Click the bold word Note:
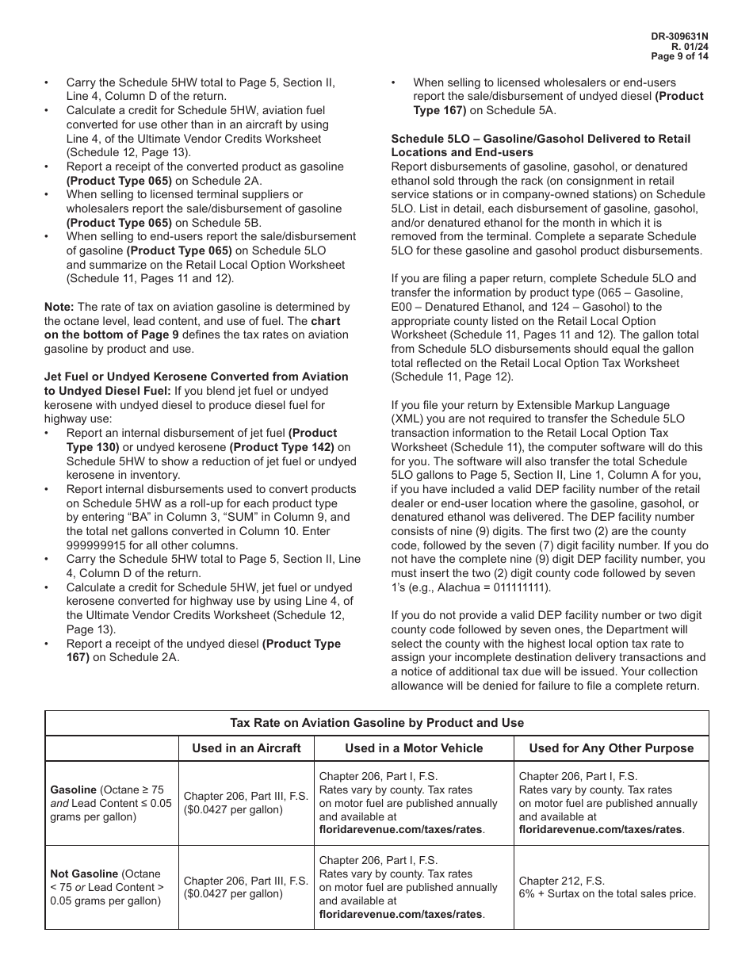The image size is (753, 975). click(59, 307)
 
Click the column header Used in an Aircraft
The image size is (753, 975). click(246, 748)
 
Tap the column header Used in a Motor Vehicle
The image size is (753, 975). click(414, 748)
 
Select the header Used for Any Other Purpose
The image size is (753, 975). click(611, 748)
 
